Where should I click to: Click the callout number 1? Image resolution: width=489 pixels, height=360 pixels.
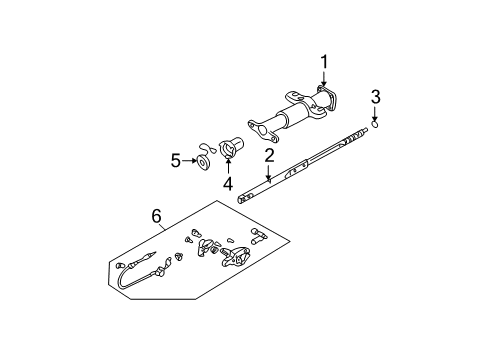coord(324,64)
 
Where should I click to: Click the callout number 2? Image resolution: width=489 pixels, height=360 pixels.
coord(269,155)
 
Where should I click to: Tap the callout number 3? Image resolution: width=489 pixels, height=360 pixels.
coord(375,97)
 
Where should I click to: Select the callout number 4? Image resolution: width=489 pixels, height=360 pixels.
coord(227,184)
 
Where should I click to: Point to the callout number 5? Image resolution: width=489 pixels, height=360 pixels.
coord(175,159)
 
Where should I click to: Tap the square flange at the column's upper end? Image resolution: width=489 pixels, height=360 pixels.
coord(325,102)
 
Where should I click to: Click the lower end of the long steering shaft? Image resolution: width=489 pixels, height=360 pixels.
coord(244,198)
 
